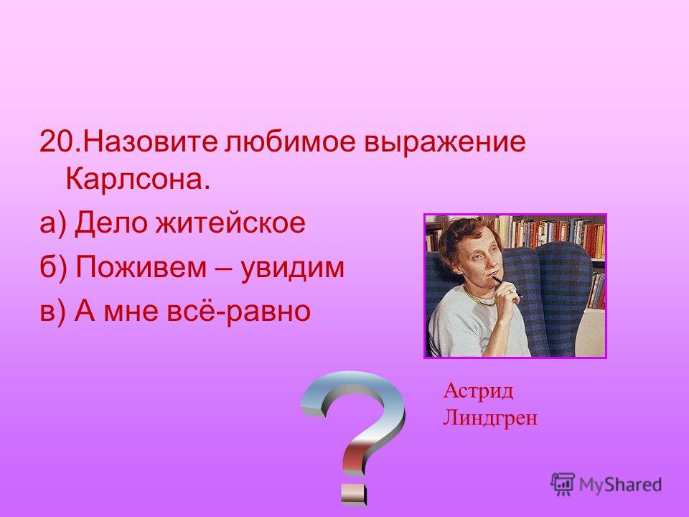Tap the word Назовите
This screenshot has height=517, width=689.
(x=149, y=141)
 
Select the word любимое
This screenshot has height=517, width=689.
(x=290, y=141)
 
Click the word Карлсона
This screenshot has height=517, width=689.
(x=138, y=179)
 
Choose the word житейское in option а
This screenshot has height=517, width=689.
(x=230, y=223)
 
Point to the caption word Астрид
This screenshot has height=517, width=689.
(x=478, y=391)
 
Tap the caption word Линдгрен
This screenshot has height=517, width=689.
(x=490, y=417)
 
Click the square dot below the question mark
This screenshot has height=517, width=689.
(x=353, y=494)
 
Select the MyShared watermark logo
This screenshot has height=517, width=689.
(x=606, y=485)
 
